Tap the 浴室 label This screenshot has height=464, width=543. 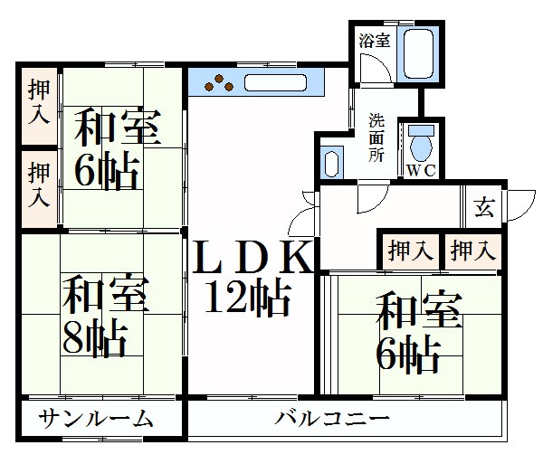point(375,41)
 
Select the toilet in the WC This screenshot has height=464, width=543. point(421,144)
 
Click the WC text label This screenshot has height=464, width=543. point(421,170)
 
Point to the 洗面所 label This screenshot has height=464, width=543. point(376,137)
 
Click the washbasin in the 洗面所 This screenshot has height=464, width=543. point(331,164)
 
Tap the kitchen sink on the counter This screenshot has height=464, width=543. point(276,83)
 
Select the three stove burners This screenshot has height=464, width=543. point(219,83)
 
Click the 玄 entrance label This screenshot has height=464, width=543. point(484,207)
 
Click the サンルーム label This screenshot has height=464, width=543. point(96,419)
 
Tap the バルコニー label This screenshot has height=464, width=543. point(332,419)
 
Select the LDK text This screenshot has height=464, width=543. point(252,257)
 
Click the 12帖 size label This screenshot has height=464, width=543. point(247,298)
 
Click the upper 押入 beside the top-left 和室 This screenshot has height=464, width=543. point(39,101)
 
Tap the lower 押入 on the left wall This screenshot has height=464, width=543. point(39,185)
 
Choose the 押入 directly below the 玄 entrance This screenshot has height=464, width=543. point(473,251)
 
